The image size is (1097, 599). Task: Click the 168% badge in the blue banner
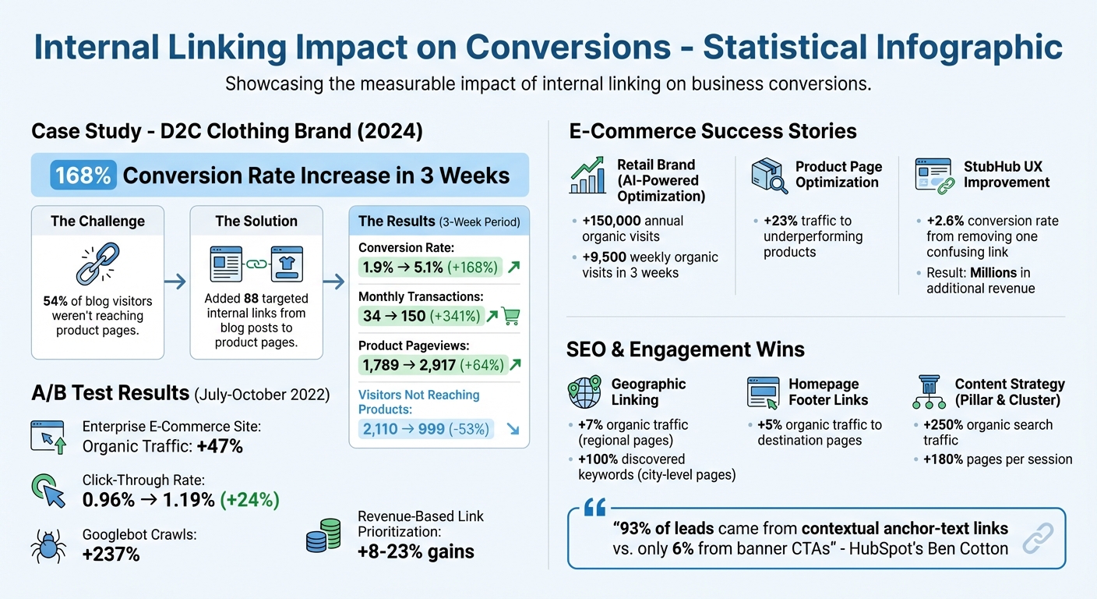83,175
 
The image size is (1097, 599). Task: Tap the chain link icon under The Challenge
97,263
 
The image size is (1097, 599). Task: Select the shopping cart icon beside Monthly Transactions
511,316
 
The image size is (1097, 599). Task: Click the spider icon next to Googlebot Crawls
48,545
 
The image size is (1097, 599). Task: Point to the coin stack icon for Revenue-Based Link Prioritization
323,536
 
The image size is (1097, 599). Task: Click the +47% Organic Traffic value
220,446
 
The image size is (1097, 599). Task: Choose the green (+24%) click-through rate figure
249,499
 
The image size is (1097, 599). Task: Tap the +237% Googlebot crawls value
111,555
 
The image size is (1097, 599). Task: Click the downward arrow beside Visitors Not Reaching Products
513,428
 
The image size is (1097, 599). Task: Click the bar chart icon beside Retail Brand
587,175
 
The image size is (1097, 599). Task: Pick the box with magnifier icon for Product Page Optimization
769,175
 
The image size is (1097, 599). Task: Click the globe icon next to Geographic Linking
584,392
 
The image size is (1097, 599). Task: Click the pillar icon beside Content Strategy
929,392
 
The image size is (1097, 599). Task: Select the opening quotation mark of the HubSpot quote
594,509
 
